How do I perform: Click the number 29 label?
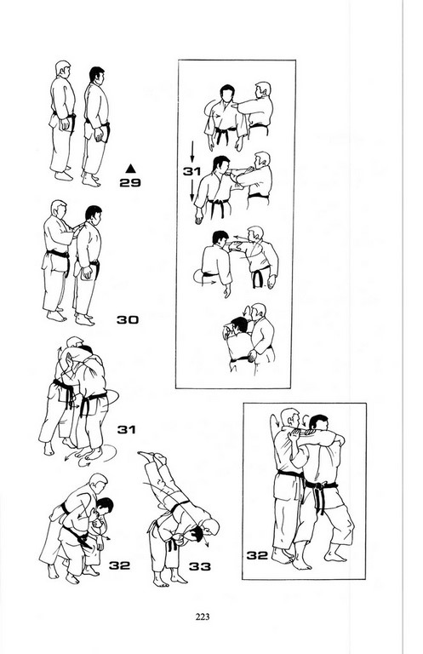point(130,183)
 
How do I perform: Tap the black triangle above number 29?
point(130,168)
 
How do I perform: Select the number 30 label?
point(127,320)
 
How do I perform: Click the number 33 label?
point(200,566)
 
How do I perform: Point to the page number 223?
point(203,617)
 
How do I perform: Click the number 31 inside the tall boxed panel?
point(191,171)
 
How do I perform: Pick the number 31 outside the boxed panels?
point(126,429)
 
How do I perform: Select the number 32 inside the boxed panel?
point(257,555)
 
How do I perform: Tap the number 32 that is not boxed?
point(120,565)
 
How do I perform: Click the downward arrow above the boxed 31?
point(192,152)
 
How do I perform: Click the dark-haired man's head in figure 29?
point(97,75)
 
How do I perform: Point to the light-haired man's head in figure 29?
point(62,69)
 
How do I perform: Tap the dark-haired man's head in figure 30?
point(94,215)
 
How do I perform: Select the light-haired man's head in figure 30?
point(59,208)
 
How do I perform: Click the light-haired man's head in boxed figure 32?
point(290,418)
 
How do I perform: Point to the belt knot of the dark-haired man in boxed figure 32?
point(319,487)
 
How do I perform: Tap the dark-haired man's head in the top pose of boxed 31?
point(227,94)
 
